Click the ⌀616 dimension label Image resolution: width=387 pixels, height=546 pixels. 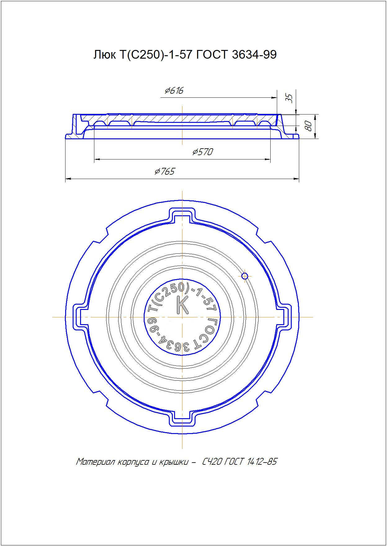coord(174,91)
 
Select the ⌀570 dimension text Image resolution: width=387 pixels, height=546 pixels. coord(203,152)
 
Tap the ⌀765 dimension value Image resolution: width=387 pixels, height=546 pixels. coord(165,171)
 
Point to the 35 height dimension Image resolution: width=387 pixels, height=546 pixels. coord(289,98)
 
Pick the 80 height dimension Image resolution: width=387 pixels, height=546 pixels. coord(308,126)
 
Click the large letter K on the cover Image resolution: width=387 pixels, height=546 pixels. coord(182,305)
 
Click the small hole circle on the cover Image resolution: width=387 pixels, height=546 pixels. coord(245,275)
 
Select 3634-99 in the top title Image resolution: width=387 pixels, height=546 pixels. coord(254,55)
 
